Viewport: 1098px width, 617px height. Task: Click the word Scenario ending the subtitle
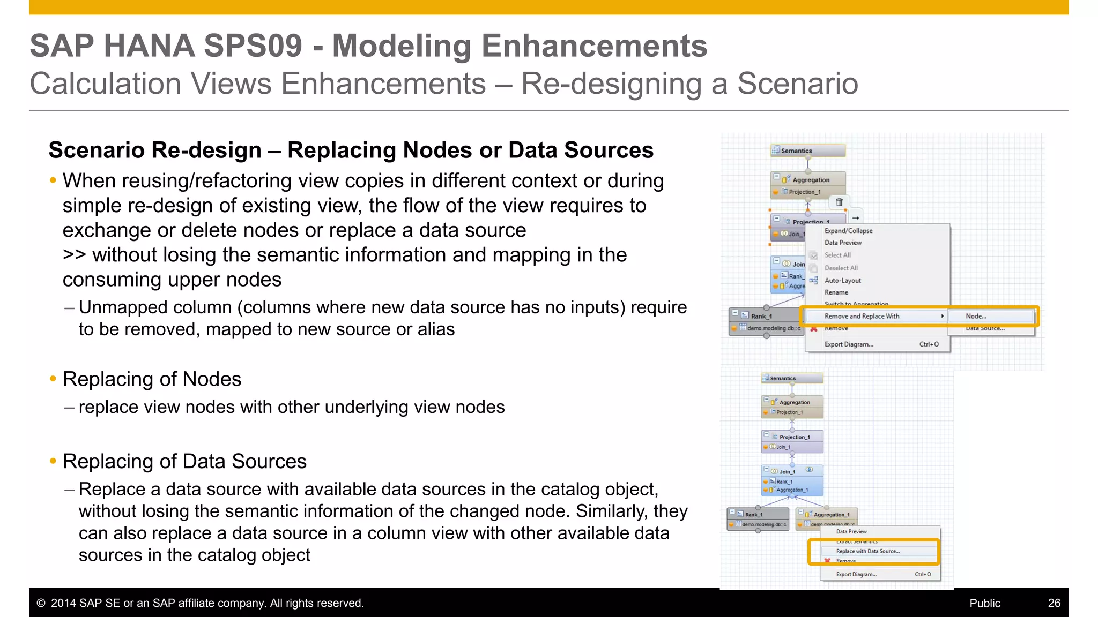pyautogui.click(x=797, y=84)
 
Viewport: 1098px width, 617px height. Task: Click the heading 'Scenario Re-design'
pyautogui.click(x=155, y=151)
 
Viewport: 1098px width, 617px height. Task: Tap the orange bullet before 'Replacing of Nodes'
pyautogui.click(x=53, y=379)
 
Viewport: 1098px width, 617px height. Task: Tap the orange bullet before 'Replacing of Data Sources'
pyautogui.click(x=53, y=461)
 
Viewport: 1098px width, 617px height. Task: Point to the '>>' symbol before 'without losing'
pyautogui.click(x=74, y=255)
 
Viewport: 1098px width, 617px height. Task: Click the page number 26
pyautogui.click(x=1054, y=603)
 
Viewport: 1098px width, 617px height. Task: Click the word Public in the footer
pyautogui.click(x=984, y=603)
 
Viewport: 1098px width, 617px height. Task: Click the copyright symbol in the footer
pyautogui.click(x=41, y=603)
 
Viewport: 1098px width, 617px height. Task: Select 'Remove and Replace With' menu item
pyautogui.click(x=862, y=317)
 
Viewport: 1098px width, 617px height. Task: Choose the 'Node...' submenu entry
pyautogui.click(x=976, y=317)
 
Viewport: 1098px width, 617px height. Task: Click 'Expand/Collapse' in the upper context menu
pyautogui.click(x=848, y=231)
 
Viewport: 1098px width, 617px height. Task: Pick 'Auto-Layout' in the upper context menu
pyautogui.click(x=842, y=281)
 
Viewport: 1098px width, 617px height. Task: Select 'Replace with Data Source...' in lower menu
pyautogui.click(x=867, y=551)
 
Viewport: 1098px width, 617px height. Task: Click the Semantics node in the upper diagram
pyautogui.click(x=807, y=151)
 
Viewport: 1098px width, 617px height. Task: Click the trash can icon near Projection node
pyautogui.click(x=839, y=202)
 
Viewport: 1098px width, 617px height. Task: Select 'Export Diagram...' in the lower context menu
pyautogui.click(x=856, y=574)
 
